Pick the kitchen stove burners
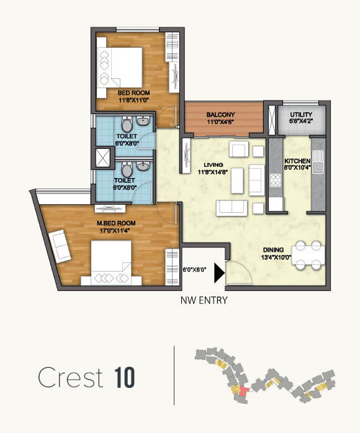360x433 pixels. [276, 182]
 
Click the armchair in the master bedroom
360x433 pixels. [60, 246]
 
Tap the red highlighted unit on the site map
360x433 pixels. [243, 392]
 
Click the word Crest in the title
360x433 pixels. [71, 377]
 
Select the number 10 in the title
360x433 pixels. [125, 377]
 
